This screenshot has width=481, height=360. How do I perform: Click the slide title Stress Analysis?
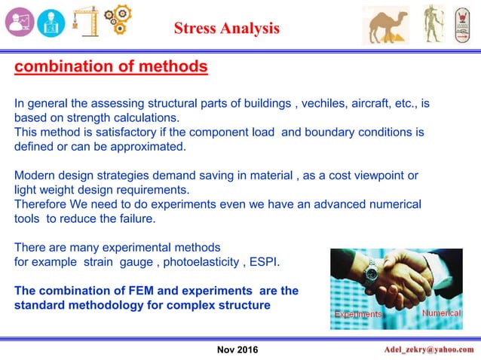point(226,29)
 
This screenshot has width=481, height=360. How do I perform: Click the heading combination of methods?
point(111,67)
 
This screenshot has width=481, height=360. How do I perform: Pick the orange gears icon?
point(118,21)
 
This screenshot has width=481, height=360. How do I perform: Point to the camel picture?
point(386,24)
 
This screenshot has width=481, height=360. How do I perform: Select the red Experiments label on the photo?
point(358,313)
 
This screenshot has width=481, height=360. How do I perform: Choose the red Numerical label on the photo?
point(441,312)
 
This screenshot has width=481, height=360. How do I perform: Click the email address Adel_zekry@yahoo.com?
point(428,349)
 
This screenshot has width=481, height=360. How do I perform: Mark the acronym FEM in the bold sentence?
point(137,290)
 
